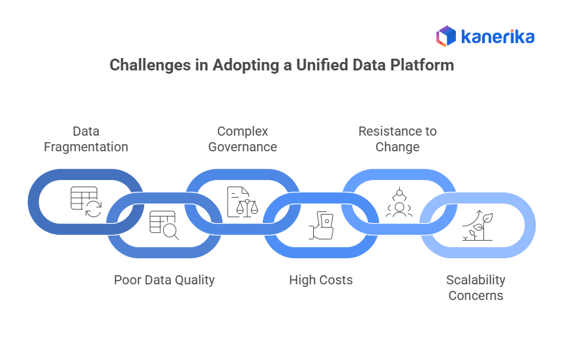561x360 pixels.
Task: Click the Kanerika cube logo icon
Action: click(x=446, y=36)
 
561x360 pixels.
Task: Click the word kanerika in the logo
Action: click(x=497, y=37)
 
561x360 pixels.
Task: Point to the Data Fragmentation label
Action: click(x=86, y=139)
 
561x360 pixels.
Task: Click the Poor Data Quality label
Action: click(x=164, y=280)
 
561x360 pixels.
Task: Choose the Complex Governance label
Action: click(x=243, y=139)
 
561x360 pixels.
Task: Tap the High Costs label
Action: click(x=321, y=280)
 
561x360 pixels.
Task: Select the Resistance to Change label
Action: click(x=397, y=139)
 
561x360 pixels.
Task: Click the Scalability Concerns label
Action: click(x=476, y=288)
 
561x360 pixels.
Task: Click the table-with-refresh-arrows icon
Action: click(x=85, y=202)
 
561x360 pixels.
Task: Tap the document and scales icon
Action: click(x=242, y=202)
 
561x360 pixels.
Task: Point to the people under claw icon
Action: click(x=399, y=202)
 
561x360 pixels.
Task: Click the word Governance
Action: click(x=243, y=147)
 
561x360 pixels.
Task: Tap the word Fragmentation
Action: click(x=86, y=147)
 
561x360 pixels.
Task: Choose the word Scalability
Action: click(x=476, y=280)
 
